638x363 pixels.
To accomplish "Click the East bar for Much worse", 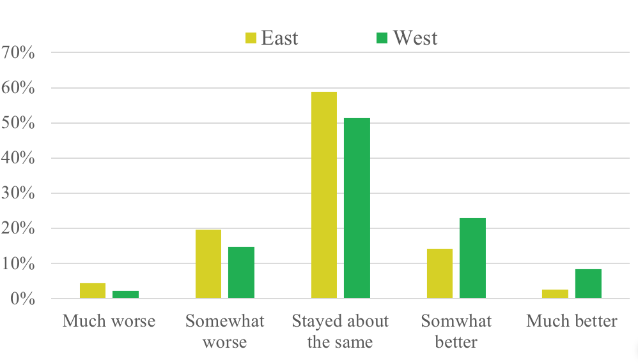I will (x=93, y=291).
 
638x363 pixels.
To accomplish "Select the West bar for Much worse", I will (x=126, y=295).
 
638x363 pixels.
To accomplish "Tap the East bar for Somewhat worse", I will (x=208, y=264).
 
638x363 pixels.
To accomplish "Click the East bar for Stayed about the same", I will (x=324, y=195).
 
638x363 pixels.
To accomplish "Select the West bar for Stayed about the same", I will (x=357, y=208).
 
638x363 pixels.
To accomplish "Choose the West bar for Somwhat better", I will (x=472, y=258).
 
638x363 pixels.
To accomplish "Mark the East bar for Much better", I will (x=556, y=294).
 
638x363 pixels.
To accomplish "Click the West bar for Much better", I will (x=588, y=284).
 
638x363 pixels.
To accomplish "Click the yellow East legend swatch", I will (x=251, y=39).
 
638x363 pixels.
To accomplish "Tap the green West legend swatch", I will (x=382, y=39).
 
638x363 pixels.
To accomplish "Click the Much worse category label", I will (x=109, y=320).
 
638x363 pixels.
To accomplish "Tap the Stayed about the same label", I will (x=340, y=331).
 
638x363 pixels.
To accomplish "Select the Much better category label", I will (x=572, y=320).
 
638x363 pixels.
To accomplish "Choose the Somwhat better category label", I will (x=456, y=331).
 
